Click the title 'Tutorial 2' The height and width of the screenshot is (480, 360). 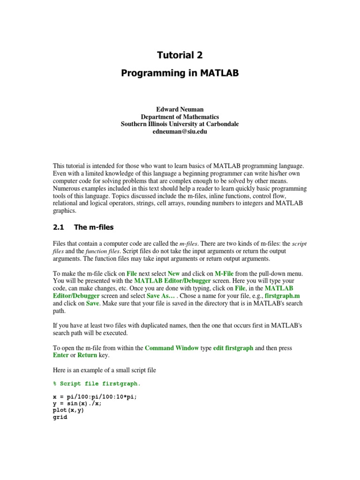tap(180, 55)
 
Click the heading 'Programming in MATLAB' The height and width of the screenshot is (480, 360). tap(180, 73)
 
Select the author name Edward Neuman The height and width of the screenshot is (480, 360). tap(180, 109)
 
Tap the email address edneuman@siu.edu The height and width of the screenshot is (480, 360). tap(180, 132)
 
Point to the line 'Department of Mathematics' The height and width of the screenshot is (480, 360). tap(180, 117)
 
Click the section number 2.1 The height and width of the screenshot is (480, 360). tap(58, 227)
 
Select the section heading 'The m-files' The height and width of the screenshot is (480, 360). tap(94, 227)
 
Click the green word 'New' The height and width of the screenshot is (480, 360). tap(173, 273)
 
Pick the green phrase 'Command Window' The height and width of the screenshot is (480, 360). tap(172, 348)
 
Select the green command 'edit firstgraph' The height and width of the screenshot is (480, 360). tap(233, 348)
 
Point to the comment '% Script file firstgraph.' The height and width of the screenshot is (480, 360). tap(97, 383)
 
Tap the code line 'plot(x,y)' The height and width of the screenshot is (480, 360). tap(69, 410)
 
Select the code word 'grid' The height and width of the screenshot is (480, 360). tap(60, 417)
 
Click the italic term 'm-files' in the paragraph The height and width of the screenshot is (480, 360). tap(189, 244)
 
